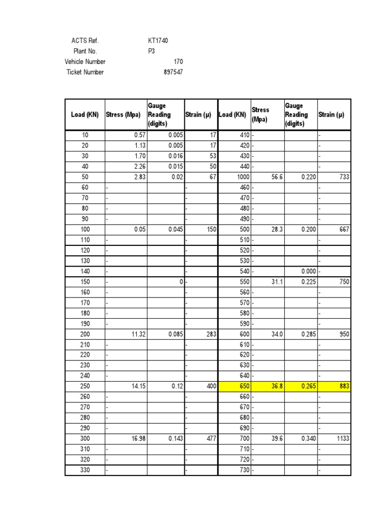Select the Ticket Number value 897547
172,72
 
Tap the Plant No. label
85,51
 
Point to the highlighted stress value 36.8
276,386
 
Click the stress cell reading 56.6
276,177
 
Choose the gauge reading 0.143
175,438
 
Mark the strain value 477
211,438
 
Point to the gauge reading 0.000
309,271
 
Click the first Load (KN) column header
85,115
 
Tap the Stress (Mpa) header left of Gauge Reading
123,115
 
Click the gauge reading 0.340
309,438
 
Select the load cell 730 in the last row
244,470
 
